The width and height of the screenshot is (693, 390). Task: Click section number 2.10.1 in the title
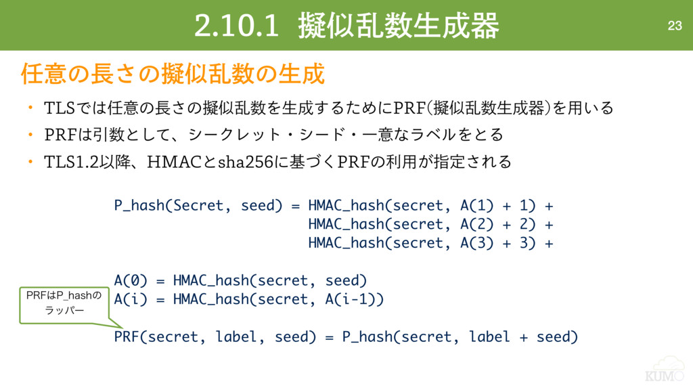click(236, 26)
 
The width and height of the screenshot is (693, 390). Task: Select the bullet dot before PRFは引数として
click(30, 135)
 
